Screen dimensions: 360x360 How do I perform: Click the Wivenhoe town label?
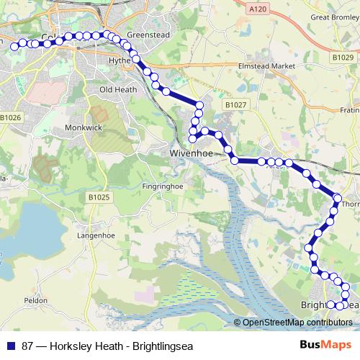point(189,153)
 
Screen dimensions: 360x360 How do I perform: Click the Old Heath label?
point(117,89)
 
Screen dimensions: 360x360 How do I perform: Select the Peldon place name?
point(36,300)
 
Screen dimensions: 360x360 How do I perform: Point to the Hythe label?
point(120,61)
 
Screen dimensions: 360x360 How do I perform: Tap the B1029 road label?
point(344,56)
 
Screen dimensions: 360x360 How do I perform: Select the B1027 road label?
point(235,105)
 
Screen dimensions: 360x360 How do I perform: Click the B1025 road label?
point(99,197)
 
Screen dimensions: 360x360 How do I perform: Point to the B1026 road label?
point(11,117)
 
